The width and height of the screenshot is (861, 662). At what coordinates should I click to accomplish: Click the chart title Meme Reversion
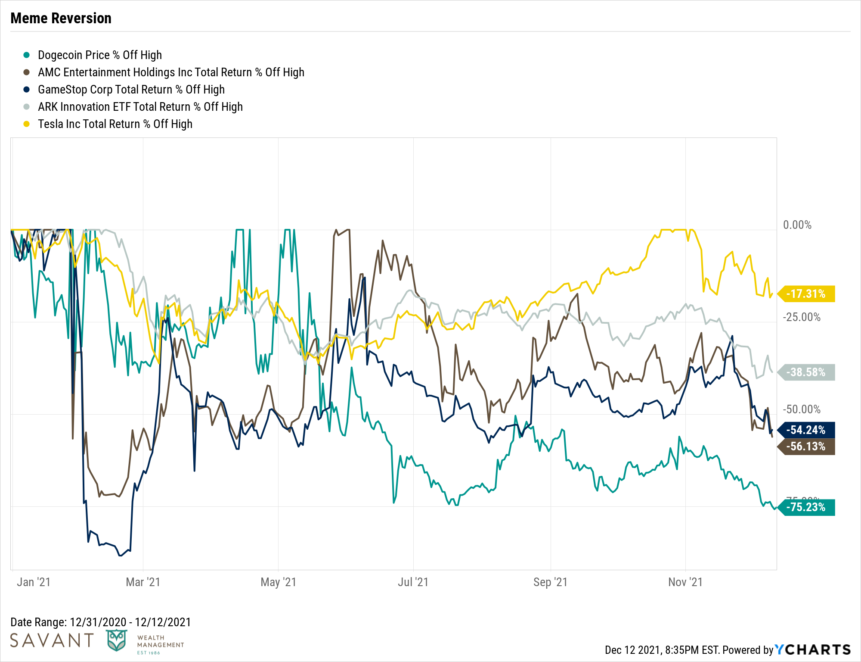[x=61, y=18]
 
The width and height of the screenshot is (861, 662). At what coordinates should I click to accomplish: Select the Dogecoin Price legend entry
[x=99, y=55]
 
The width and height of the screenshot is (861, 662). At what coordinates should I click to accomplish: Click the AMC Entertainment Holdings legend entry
[x=171, y=72]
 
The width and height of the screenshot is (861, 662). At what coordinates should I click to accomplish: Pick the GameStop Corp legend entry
[x=131, y=90]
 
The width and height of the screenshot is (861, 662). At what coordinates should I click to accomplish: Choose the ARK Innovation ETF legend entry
[x=140, y=107]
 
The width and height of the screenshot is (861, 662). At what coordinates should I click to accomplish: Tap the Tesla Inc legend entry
[x=115, y=124]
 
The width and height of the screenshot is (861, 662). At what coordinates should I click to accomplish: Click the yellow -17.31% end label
[x=806, y=294]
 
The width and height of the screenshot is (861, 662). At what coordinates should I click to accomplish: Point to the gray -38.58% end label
[x=806, y=372]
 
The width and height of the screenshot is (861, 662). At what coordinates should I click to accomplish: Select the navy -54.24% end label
[x=806, y=430]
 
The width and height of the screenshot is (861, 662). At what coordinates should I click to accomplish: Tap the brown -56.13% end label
[x=806, y=447]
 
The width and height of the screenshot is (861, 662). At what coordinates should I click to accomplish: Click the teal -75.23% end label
[x=806, y=507]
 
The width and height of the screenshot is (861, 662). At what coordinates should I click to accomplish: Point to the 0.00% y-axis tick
[x=797, y=225]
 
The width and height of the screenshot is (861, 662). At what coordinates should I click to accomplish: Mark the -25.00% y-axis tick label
[x=801, y=317]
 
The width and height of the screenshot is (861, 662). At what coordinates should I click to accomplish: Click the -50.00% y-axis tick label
[x=801, y=409]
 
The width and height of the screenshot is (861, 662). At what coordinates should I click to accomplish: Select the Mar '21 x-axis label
[x=143, y=582]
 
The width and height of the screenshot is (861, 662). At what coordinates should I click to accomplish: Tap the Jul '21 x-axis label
[x=413, y=582]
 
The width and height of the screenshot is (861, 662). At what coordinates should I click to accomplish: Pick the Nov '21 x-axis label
[x=685, y=582]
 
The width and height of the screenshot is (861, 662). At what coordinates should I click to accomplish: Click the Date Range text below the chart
[x=101, y=622]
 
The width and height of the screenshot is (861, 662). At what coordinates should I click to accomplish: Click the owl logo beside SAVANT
[x=117, y=640]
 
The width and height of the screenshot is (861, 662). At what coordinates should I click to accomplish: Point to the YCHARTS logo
[x=813, y=650]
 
